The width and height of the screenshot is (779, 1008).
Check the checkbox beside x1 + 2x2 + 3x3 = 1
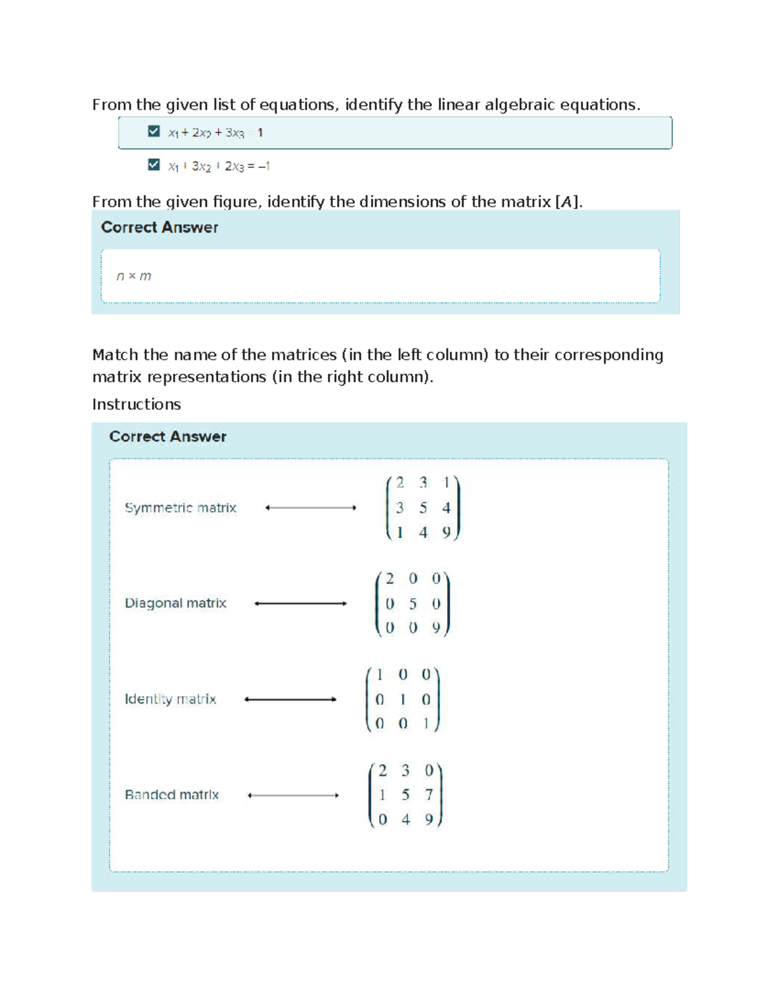click(154, 132)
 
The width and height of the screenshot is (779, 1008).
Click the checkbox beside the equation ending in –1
click(154, 165)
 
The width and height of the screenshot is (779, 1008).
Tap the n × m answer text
click(134, 276)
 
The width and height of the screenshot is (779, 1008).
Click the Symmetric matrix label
click(180, 508)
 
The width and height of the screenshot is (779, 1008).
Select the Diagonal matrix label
click(175, 603)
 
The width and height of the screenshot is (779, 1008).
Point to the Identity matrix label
click(170, 699)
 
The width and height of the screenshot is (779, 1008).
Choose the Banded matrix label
click(171, 794)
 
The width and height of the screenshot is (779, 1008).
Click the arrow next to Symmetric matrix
click(311, 508)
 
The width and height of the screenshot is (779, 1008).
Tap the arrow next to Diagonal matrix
click(301, 604)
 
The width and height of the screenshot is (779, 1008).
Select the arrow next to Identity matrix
click(290, 699)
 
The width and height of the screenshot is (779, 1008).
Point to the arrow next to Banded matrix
click(293, 795)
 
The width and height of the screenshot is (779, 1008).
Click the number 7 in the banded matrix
click(429, 794)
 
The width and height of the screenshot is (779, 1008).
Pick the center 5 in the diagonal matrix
click(413, 604)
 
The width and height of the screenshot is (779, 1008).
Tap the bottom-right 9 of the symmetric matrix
click(446, 532)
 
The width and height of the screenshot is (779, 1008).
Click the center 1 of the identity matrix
click(402, 699)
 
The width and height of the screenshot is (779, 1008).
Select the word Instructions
click(136, 404)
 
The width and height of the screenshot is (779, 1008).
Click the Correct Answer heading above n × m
click(160, 227)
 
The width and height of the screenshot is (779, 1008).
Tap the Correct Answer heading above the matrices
click(167, 436)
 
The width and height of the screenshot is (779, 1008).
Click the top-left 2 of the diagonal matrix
click(389, 578)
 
